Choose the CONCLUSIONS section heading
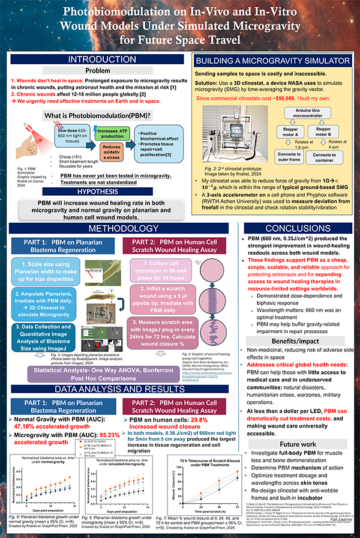point(298,229)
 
